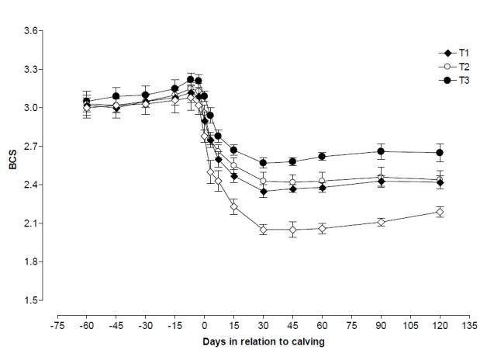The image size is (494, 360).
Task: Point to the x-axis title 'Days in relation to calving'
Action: tap(263, 341)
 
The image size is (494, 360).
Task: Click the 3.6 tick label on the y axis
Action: tap(31, 31)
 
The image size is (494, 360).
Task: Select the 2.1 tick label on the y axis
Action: tap(31, 223)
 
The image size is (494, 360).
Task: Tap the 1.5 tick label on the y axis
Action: tap(31, 300)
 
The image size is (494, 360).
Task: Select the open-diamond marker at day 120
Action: tap(439, 212)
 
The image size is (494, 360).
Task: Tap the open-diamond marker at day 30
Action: tap(264, 230)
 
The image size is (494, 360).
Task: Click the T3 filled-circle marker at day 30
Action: tap(264, 163)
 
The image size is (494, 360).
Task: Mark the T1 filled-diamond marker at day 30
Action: tap(264, 192)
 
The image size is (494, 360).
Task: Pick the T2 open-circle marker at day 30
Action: tap(264, 181)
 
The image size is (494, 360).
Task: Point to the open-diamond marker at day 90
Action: tap(381, 222)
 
